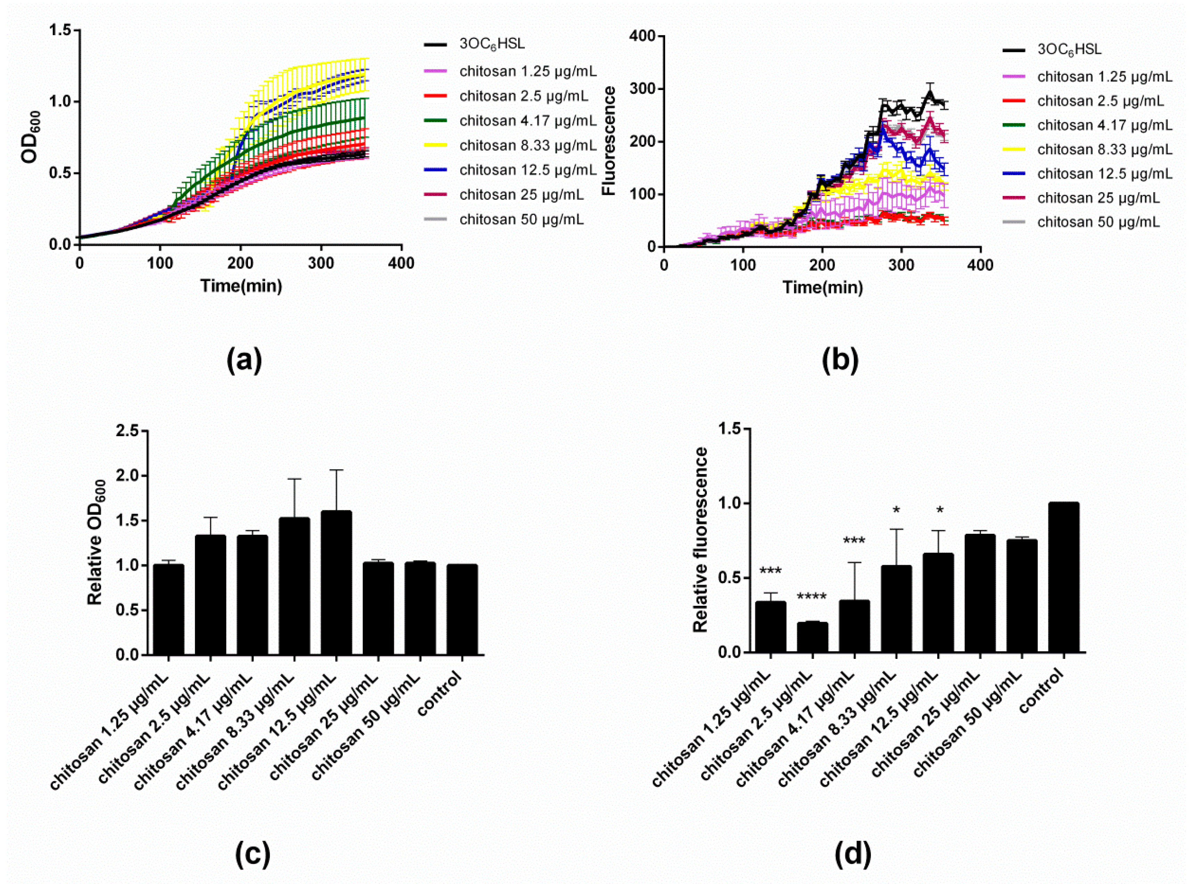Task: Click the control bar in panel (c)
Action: (x=462, y=610)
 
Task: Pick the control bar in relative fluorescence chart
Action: (x=1063, y=578)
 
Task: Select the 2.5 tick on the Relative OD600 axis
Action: (x=127, y=431)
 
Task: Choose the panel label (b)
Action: (x=840, y=360)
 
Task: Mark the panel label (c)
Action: (x=253, y=854)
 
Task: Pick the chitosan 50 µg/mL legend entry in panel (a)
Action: (x=521, y=219)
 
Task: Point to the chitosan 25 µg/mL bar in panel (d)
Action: (x=980, y=594)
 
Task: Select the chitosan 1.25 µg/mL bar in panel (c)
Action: (x=168, y=610)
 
